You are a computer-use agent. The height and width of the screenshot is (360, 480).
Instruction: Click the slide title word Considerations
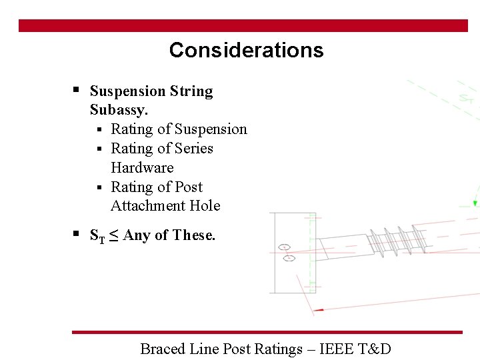point(246,51)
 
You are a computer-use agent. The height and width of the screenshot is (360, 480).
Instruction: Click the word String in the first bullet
point(191,91)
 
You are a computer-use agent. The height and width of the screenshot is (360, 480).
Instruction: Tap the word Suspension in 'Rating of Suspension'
point(211,129)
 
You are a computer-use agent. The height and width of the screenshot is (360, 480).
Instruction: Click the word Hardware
point(142,167)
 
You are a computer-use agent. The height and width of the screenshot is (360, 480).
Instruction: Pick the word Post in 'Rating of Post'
point(187,187)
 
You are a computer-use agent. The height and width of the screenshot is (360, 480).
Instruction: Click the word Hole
point(205,205)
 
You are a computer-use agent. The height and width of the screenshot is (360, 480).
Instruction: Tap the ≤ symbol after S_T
point(113,235)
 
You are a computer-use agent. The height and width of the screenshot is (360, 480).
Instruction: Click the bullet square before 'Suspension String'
point(77,89)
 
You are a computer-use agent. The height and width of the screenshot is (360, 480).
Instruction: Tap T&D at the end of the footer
point(376,348)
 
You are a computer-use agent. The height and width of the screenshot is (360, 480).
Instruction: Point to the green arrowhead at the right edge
point(475,203)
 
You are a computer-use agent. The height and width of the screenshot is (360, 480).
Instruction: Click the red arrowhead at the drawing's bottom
point(319,309)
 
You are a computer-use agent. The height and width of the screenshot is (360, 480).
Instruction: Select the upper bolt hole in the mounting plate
point(285,247)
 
